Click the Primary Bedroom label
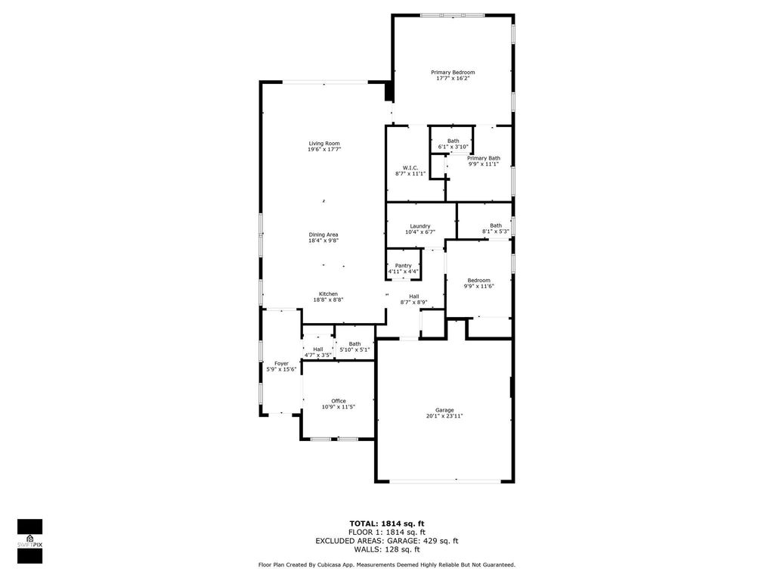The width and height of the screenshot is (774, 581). (453, 72)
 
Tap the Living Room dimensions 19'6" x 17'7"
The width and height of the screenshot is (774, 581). (324, 150)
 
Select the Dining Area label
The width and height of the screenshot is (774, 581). (324, 235)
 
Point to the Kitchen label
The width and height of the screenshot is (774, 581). (328, 294)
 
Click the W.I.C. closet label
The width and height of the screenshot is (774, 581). (410, 167)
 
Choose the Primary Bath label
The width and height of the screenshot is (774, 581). (483, 158)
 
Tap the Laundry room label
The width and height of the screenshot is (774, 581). (420, 226)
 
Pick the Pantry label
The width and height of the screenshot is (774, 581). (403, 266)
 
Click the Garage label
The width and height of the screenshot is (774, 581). (444, 410)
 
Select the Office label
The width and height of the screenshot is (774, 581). (339, 401)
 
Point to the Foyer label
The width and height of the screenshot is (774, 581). (281, 363)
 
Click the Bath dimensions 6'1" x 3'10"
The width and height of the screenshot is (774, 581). (453, 147)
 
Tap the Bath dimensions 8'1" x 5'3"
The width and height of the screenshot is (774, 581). (495, 231)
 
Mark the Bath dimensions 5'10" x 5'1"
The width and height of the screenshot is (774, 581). (354, 350)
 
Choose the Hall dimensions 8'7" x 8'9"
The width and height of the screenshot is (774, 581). (414, 303)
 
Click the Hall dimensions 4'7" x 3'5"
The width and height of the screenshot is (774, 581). (318, 355)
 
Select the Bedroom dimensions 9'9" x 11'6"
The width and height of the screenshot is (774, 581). (478, 287)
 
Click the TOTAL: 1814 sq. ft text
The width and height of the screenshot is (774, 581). (387, 524)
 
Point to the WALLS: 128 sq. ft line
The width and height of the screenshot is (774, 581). (387, 550)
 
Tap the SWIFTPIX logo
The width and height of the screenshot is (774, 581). (29, 541)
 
